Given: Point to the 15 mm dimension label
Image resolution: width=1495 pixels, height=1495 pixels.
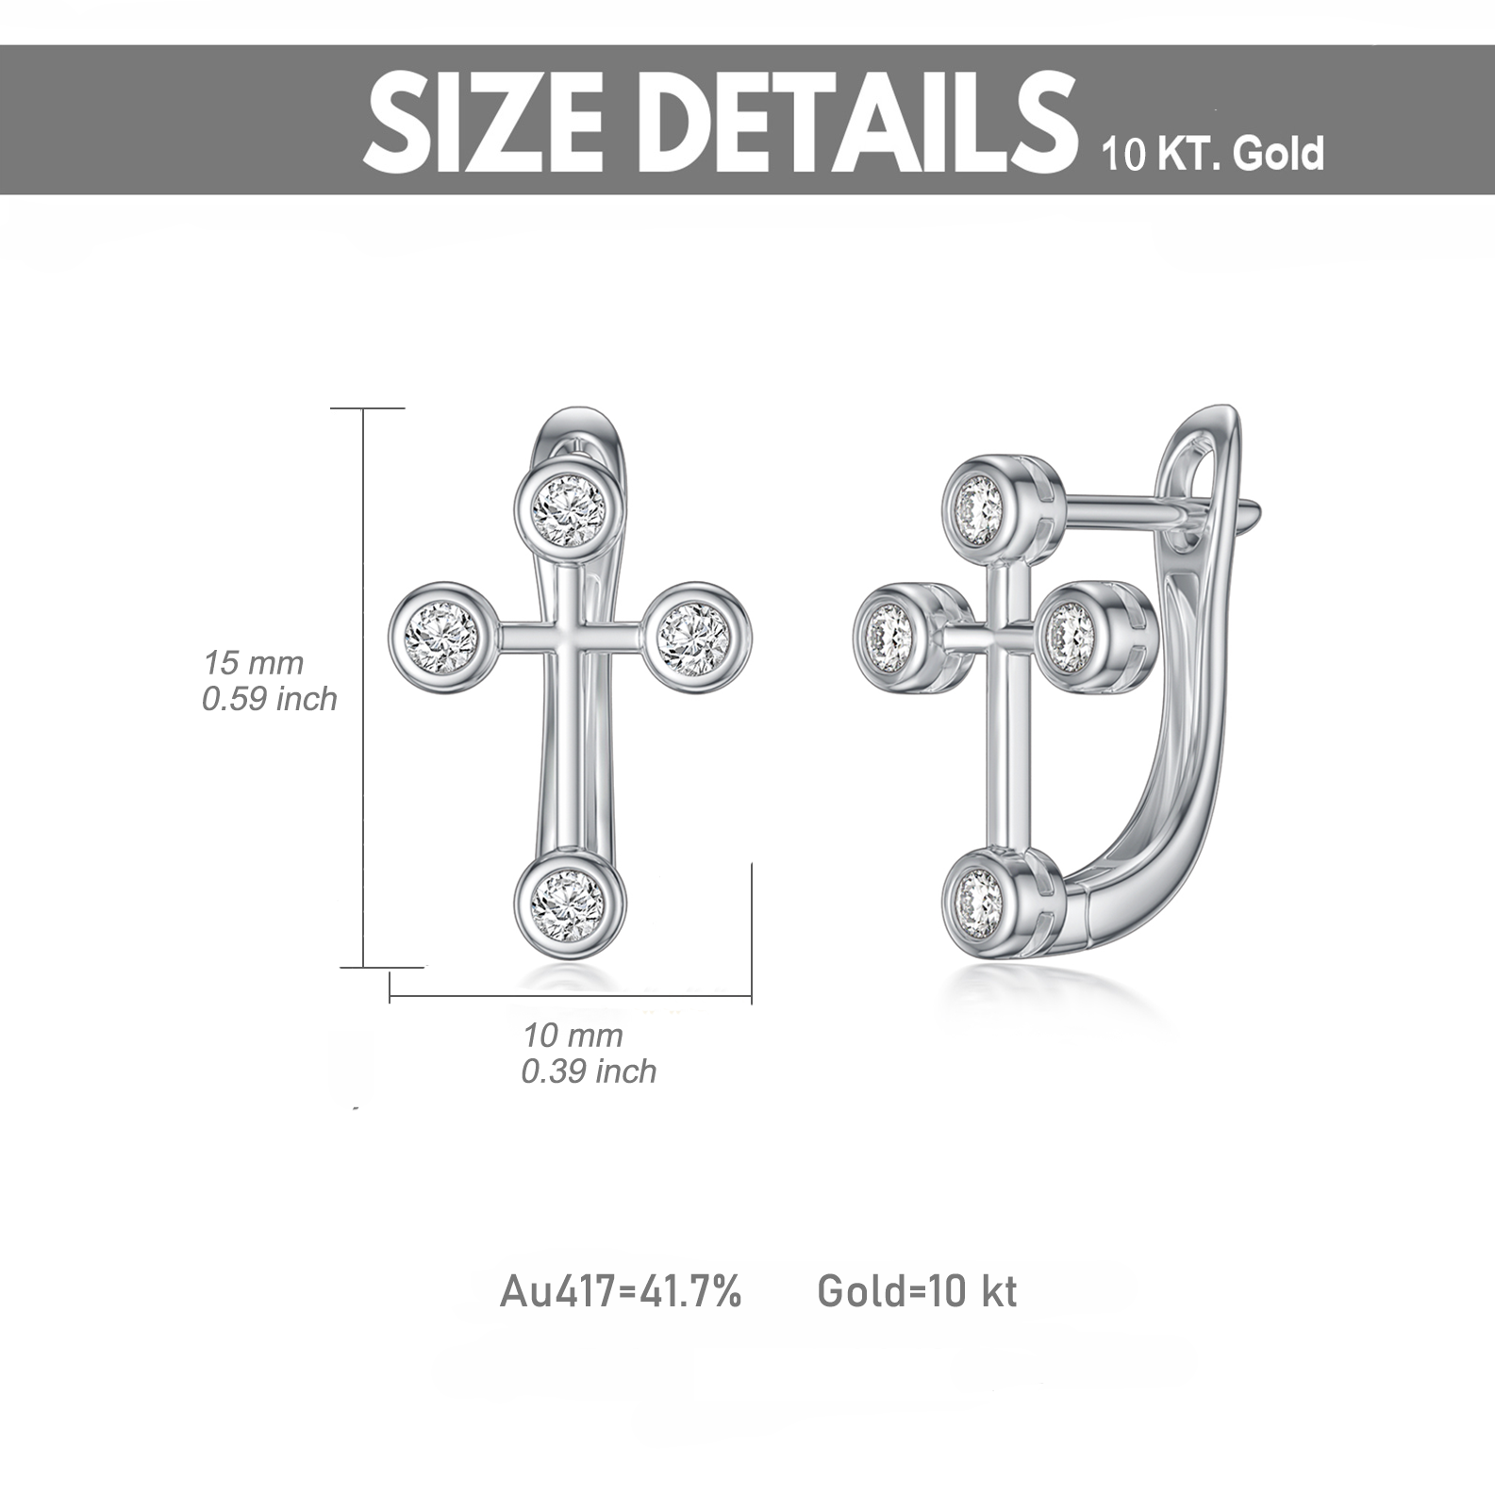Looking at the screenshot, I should tap(254, 662).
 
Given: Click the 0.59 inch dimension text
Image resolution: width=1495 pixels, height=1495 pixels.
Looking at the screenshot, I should tap(269, 699).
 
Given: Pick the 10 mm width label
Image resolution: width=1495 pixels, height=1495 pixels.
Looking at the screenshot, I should tap(573, 1035).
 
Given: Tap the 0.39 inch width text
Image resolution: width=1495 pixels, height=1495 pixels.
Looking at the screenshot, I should tap(589, 1071).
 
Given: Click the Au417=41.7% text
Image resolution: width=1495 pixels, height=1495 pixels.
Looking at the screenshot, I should tap(621, 1291).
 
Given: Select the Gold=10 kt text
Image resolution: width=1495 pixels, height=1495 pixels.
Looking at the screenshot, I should tap(917, 1291).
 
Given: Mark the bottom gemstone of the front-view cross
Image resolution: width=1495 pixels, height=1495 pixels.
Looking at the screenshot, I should tap(568, 901).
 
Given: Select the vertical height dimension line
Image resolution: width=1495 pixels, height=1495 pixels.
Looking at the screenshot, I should tap(364, 689).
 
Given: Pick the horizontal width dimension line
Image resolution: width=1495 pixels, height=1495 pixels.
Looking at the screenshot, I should tap(571, 997).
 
